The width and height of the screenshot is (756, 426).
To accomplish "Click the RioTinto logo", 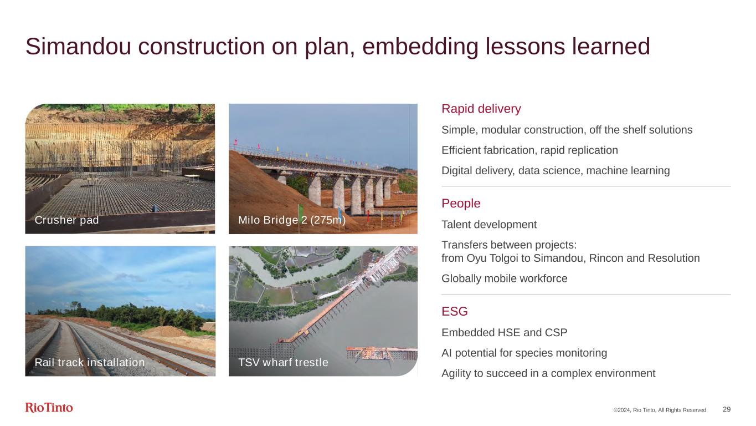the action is coord(49,407).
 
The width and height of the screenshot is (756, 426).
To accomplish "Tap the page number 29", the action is coord(727,409).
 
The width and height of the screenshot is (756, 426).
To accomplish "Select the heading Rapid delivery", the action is coord(481,109).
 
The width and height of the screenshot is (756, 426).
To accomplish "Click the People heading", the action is coord(461,204).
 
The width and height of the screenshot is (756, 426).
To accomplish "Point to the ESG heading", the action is coord(455,311).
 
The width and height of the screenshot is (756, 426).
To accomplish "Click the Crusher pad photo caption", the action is coord(66,220).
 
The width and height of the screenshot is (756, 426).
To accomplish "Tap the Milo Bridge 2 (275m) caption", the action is coord(292,220).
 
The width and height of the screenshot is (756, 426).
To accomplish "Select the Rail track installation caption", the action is coord(89,362).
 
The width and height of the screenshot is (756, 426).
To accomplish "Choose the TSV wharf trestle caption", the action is coord(283,362).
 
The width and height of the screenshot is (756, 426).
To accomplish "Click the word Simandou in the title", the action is coord(78,47).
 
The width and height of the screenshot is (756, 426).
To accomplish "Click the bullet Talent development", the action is coord(489,225).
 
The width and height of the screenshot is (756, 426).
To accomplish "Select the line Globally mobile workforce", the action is coord(505,278).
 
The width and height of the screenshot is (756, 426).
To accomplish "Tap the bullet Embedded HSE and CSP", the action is coord(504,333).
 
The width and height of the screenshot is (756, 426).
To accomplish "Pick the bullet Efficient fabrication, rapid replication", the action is coord(529,150).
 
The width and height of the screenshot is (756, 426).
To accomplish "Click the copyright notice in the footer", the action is coord(660,410).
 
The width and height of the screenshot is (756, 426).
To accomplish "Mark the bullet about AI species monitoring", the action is coord(524,353).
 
